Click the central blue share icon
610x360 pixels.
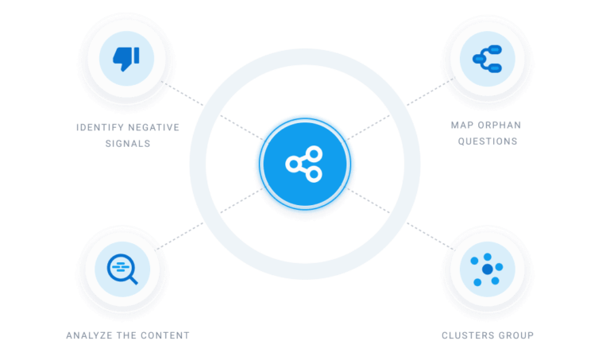[303, 163]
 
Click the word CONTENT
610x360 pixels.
[164, 335]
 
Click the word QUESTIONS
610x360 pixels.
[487, 141]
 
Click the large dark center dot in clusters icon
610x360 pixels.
[487, 270]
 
